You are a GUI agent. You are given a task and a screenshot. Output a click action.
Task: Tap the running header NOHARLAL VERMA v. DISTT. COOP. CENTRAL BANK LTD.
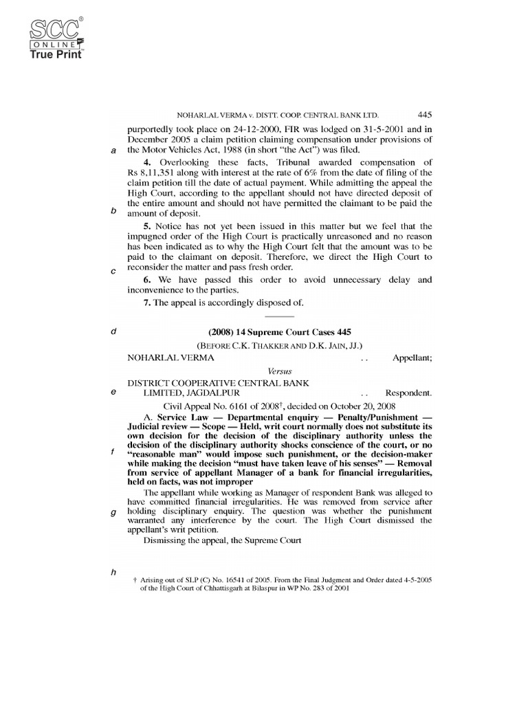278,117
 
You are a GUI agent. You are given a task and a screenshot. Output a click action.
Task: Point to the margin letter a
113,151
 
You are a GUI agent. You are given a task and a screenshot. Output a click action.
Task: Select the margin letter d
113,332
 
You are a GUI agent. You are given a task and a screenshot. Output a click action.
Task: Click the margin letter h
113,573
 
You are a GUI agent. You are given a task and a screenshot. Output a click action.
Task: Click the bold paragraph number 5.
146,225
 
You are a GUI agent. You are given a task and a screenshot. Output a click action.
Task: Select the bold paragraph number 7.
146,303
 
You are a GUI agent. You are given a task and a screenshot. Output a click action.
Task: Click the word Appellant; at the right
411,357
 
